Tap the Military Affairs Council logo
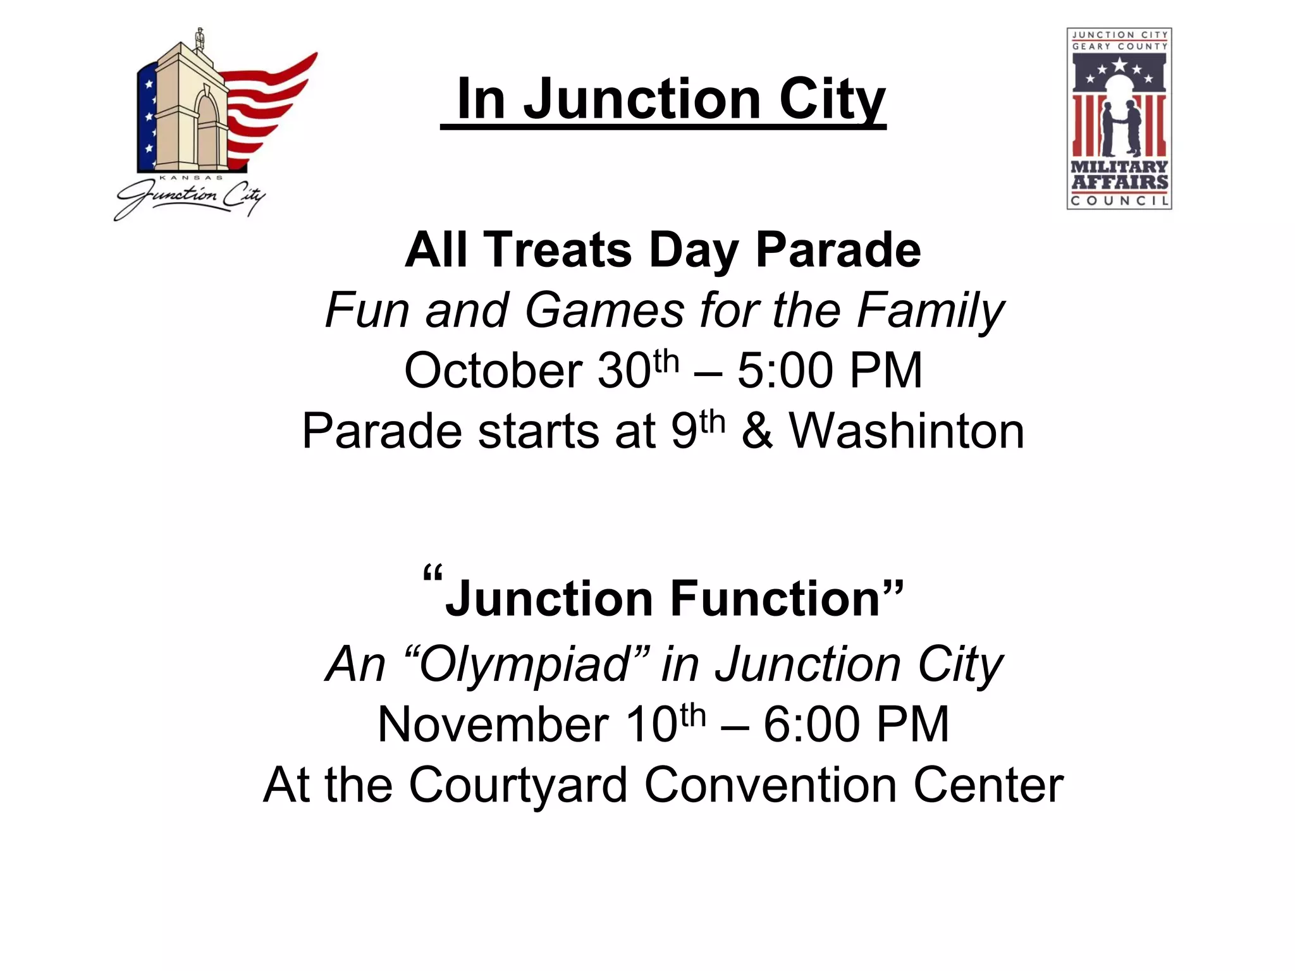pos(1119,119)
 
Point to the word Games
pos(605,310)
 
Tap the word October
pos(493,371)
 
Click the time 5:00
pos(785,371)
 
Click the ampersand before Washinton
pos(757,432)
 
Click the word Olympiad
pos(525,665)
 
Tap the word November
pos(493,724)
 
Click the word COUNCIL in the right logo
pos(1119,201)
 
